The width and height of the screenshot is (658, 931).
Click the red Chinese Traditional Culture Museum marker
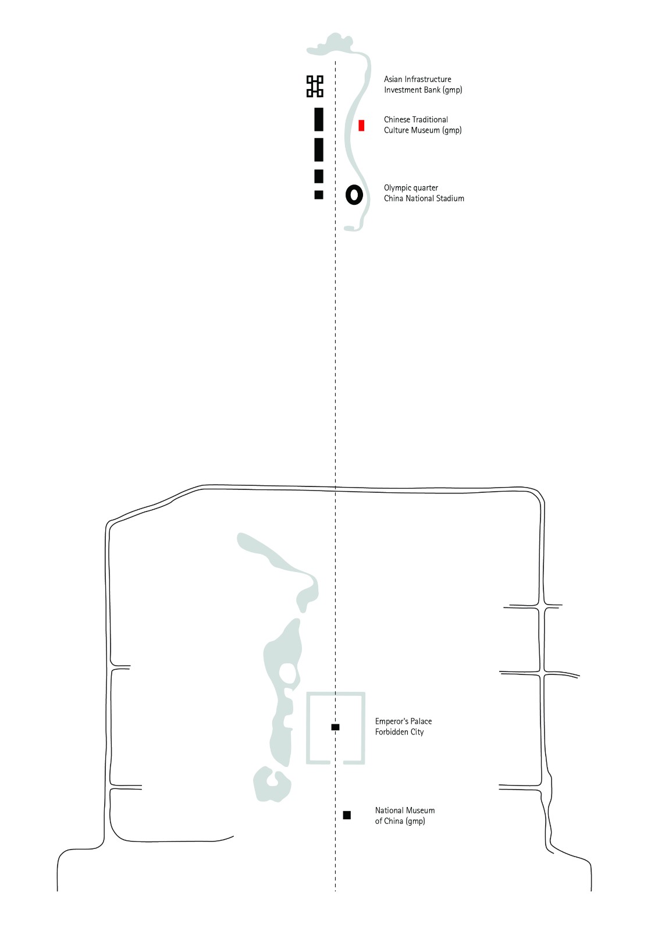pyautogui.click(x=361, y=126)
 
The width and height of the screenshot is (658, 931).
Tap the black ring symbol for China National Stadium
pyautogui.click(x=354, y=195)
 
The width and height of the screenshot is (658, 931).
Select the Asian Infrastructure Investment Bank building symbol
pyautogui.click(x=315, y=87)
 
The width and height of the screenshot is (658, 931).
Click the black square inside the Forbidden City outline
pyautogui.click(x=336, y=727)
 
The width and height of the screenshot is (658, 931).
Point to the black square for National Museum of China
pyautogui.click(x=347, y=815)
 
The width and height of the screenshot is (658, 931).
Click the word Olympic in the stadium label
pyautogui.click(x=398, y=188)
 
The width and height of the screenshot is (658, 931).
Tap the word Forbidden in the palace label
pyautogui.click(x=391, y=731)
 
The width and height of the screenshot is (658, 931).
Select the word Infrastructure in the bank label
pyautogui.click(x=428, y=79)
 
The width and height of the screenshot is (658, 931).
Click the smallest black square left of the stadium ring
pyautogui.click(x=319, y=194)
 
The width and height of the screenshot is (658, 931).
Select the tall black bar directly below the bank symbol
pyautogui.click(x=319, y=119)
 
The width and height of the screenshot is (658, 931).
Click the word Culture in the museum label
pyautogui.click(x=397, y=130)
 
